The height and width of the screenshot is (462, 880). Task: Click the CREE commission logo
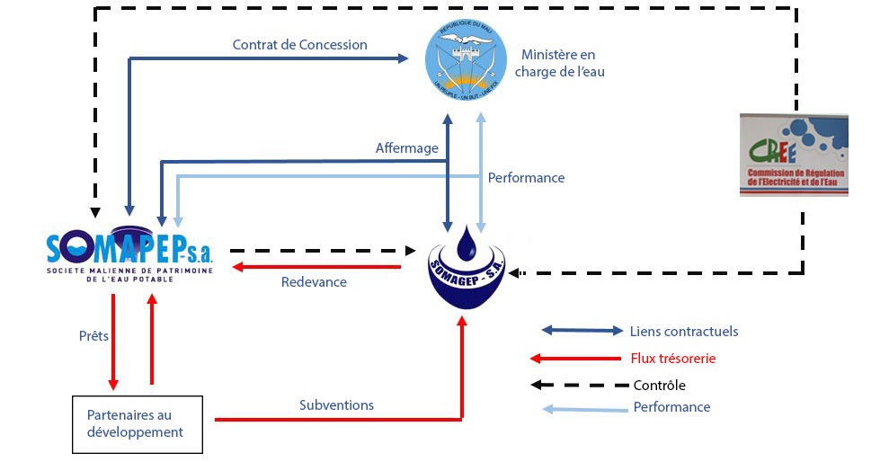[793, 155]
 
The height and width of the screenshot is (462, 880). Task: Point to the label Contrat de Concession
[299, 44]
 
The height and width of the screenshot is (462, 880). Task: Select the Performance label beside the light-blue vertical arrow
[526, 178]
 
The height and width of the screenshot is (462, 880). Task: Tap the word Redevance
[314, 282]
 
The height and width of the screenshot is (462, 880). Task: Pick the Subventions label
[336, 405]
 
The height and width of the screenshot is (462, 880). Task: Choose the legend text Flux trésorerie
[673, 359]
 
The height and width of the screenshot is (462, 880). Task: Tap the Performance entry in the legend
[671, 407]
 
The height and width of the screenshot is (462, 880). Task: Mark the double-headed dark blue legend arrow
[582, 332]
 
